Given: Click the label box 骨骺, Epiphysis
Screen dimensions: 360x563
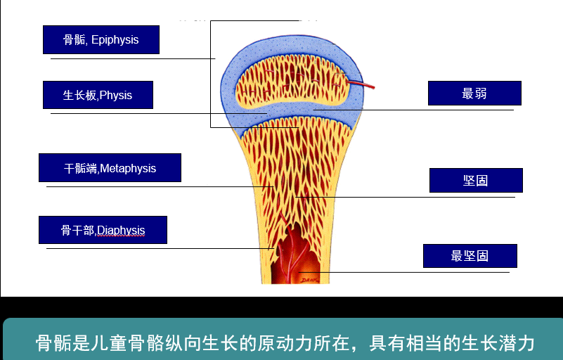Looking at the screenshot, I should (101, 40).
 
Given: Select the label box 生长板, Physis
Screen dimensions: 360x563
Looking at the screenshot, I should (98, 95).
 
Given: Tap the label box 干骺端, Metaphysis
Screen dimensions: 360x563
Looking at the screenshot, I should (110, 168).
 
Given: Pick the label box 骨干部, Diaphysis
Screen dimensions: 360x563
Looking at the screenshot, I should (103, 230).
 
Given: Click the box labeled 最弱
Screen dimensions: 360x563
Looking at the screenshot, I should (474, 94).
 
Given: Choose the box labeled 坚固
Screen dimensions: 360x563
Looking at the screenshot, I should (476, 181).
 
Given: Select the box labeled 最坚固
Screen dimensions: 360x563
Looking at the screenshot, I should (470, 256).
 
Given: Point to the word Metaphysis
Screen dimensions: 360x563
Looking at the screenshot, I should (128, 168).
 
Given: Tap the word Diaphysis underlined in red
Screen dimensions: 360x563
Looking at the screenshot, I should (121, 230).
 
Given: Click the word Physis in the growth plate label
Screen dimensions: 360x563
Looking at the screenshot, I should (116, 95).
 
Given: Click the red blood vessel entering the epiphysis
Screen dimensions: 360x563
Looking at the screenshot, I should (362, 85).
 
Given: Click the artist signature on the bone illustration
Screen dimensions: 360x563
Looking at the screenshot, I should (310, 280).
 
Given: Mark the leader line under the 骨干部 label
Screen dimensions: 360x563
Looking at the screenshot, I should (155, 248).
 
